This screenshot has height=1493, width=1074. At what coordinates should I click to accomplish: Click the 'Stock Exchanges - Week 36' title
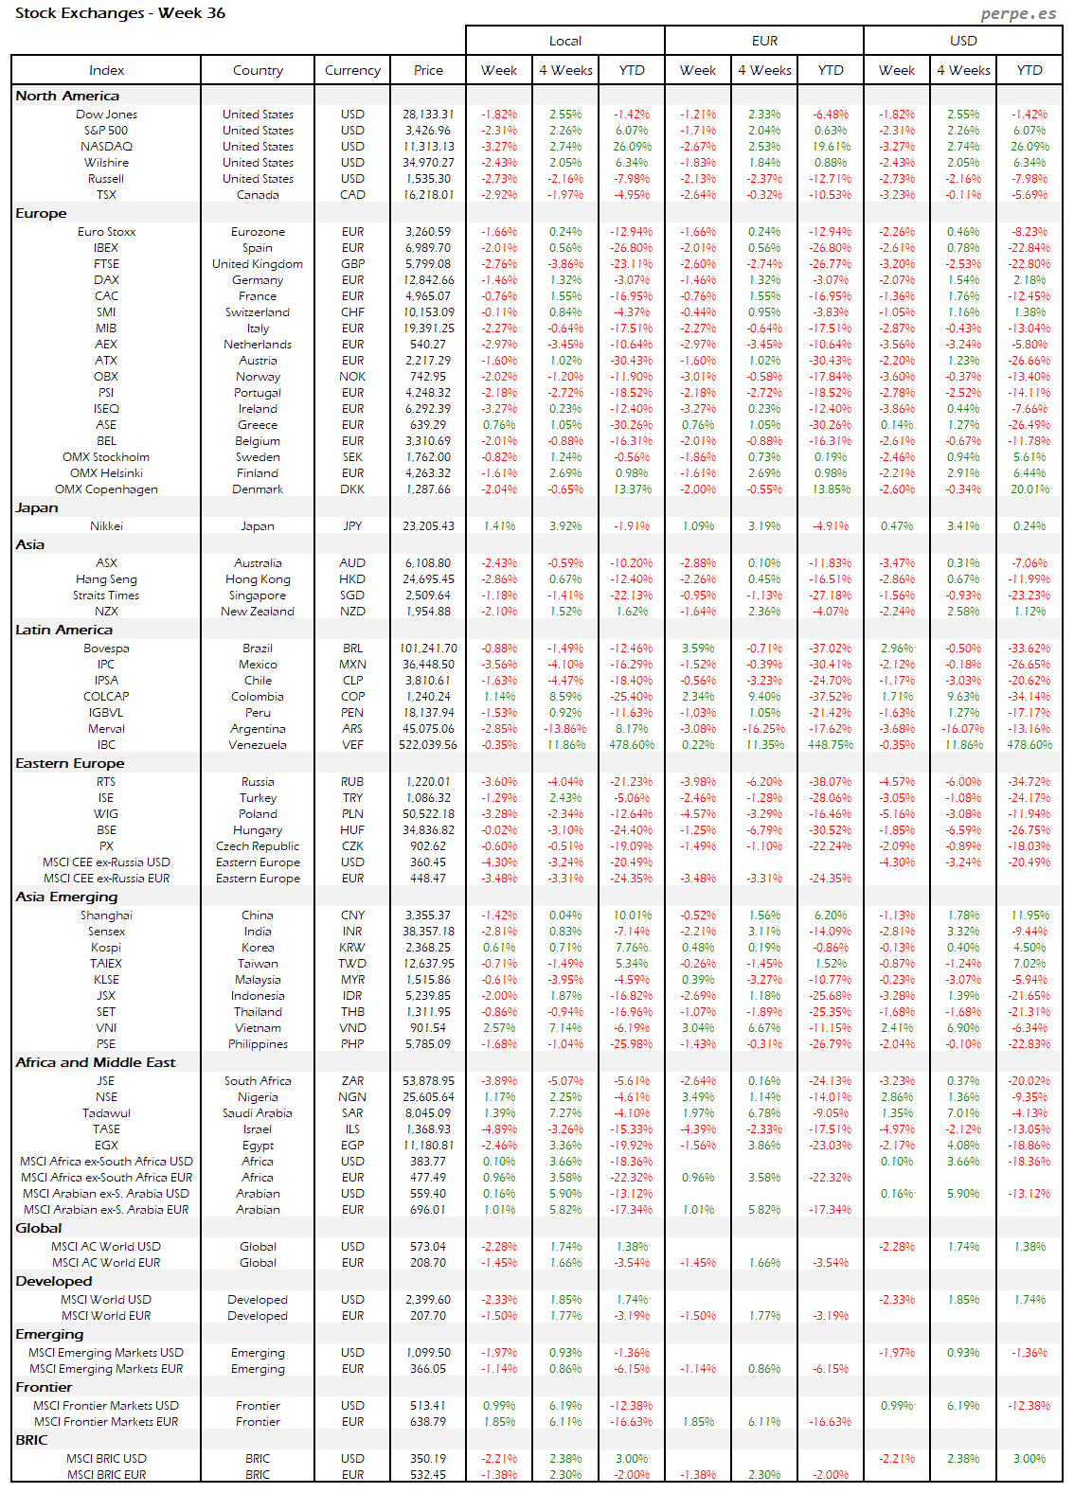pos(120,13)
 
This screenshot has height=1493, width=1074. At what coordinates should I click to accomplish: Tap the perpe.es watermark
pos(1018,13)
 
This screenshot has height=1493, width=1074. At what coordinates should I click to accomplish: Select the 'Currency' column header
pos(352,70)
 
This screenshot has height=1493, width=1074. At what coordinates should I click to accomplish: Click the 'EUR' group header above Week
pos(764,41)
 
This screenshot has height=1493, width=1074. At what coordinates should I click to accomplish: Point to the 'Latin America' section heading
pos(63,630)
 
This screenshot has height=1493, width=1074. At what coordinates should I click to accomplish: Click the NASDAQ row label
pos(106,147)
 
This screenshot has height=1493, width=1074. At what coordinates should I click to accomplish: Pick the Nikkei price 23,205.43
pos(428,526)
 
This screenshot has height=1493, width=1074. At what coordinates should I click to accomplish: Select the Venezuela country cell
pos(258,745)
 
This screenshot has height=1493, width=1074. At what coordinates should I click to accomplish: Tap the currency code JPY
pos(352,526)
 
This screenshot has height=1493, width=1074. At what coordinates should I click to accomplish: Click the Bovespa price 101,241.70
pos(428,649)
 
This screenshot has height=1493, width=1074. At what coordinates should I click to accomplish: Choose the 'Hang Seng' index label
pos(106,579)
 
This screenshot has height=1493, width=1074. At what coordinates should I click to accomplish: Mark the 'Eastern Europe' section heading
pos(69,763)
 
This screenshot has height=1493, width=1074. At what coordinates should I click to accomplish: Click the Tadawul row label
pos(106,1113)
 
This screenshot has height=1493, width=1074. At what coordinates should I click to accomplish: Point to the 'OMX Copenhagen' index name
pos(106,489)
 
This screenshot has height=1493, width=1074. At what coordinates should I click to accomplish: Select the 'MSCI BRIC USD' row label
pos(106,1459)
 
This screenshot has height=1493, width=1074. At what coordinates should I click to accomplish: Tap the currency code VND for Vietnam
pos(352,1028)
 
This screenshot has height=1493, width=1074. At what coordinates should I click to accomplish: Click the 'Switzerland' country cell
pos(258,312)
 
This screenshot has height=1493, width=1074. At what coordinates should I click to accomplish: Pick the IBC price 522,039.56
pos(428,745)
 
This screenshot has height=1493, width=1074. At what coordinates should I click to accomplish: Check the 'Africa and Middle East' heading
pos(95,1062)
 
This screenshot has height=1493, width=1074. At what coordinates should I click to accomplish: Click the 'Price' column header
pos(428,70)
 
